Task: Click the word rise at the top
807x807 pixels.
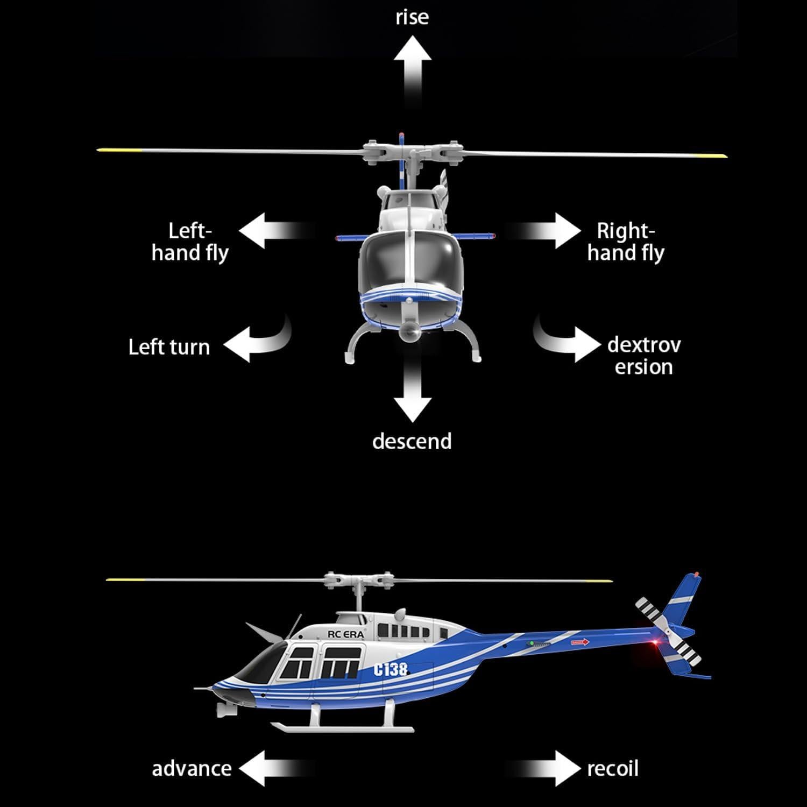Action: coord(412,17)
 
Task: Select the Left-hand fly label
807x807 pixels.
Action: coord(190,242)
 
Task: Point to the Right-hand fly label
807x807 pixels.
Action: coord(626,242)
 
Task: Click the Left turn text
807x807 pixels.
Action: coord(169,347)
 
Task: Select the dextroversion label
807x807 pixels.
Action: coord(643,356)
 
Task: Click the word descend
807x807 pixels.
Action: coord(412,441)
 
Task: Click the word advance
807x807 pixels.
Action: coord(192,768)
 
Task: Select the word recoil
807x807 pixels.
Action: coord(612,768)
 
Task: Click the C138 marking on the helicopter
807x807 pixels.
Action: coord(391,669)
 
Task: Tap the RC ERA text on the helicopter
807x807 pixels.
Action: coord(345,634)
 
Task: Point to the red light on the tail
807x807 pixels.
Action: coord(656,644)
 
